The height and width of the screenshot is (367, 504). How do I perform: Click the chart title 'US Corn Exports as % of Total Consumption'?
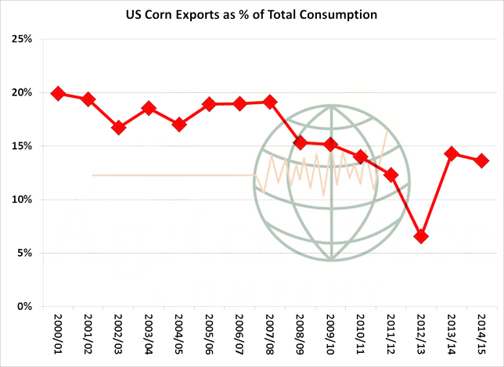pyautogui.click(x=252, y=14)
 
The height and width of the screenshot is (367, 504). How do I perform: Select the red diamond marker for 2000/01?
pyautogui.click(x=58, y=93)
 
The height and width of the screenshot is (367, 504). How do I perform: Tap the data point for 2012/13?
pyautogui.click(x=421, y=236)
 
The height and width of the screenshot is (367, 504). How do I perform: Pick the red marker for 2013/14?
pyautogui.click(x=451, y=153)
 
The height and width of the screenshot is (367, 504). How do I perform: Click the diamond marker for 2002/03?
pyautogui.click(x=118, y=127)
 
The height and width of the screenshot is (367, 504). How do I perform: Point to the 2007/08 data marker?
pyautogui.click(x=270, y=102)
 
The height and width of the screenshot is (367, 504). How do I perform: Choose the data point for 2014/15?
pyautogui.click(x=481, y=160)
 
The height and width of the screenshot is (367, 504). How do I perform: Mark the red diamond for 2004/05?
pyautogui.click(x=179, y=124)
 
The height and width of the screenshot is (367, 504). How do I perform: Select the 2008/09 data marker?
pyautogui.click(x=300, y=142)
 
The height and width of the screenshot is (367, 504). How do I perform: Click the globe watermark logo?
pyautogui.click(x=331, y=183)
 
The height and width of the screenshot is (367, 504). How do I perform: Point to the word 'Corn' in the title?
pyautogui.click(x=175, y=14)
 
